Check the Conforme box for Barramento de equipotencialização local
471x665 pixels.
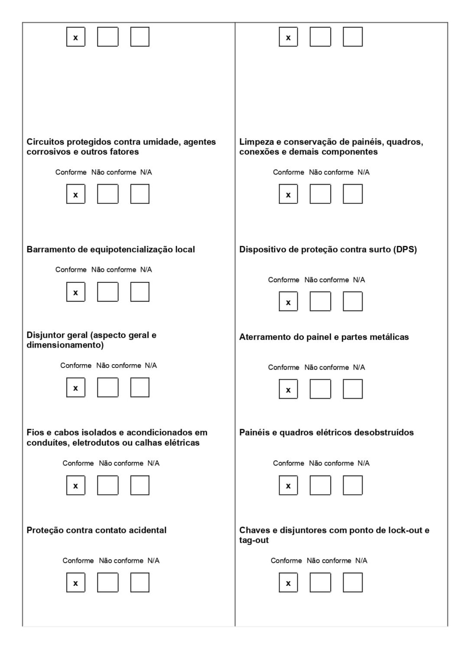(76, 292)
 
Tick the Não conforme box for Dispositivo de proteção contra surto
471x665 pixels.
(320, 301)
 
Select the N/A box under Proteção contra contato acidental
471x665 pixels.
(140, 582)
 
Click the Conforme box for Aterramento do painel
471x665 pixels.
(288, 389)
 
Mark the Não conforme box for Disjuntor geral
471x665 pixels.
(107, 387)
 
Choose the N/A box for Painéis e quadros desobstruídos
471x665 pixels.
(352, 485)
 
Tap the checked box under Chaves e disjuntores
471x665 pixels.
(288, 582)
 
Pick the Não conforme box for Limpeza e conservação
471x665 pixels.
(320, 194)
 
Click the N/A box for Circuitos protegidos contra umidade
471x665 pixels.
(140, 194)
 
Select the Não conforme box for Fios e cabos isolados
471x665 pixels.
(107, 485)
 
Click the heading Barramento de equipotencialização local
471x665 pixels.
(110, 249)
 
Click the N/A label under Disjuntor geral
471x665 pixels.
(151, 365)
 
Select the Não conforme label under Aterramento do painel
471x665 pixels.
(326, 367)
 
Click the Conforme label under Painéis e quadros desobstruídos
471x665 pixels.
(289, 463)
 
